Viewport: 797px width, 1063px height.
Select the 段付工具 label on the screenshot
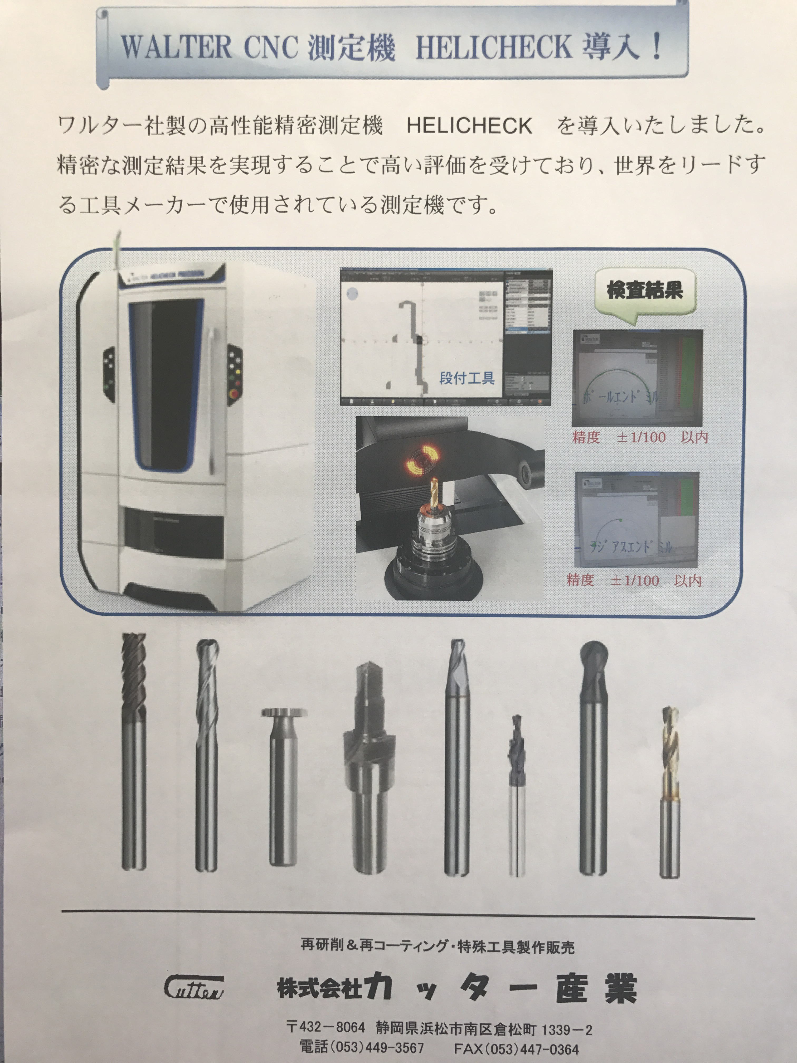pyautogui.click(x=466, y=378)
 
